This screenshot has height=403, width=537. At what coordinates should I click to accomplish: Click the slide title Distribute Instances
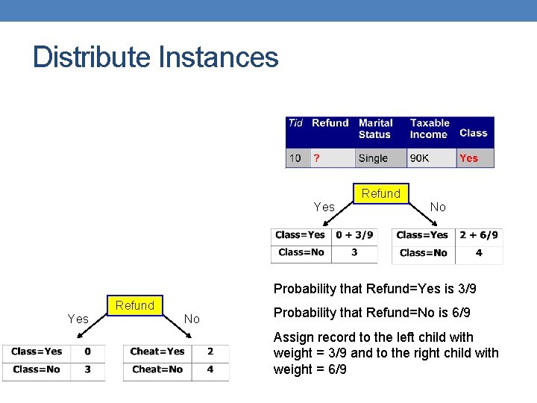pyautogui.click(x=155, y=57)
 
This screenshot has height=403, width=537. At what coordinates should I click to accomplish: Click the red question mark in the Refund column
pyautogui.click(x=317, y=157)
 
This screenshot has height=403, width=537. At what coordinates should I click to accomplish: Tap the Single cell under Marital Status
pyautogui.click(x=373, y=158)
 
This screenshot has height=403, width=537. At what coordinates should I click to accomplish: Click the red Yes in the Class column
pyautogui.click(x=469, y=158)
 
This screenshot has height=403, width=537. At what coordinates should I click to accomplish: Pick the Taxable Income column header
pyautogui.click(x=430, y=128)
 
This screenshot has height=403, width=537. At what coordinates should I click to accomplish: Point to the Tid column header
pyautogui.click(x=295, y=123)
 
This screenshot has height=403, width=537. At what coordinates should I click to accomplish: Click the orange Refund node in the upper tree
pyautogui.click(x=380, y=193)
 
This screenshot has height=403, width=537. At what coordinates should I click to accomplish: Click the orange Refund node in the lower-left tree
pyautogui.click(x=134, y=305)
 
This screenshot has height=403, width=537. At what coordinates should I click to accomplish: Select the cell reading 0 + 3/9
pyautogui.click(x=354, y=235)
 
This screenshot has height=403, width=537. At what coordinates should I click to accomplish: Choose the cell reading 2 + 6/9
pyautogui.click(x=479, y=235)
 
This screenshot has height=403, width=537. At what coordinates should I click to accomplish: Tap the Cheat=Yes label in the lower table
pyautogui.click(x=157, y=352)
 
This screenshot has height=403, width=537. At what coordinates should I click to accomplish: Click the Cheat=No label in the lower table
pyautogui.click(x=157, y=369)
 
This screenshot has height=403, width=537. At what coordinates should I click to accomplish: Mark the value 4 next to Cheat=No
pyautogui.click(x=210, y=369)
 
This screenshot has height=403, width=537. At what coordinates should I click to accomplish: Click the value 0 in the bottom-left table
pyautogui.click(x=88, y=352)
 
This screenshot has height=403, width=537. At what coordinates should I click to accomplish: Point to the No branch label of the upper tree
pyautogui.click(x=438, y=207)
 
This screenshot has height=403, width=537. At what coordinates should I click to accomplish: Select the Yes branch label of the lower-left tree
pyautogui.click(x=78, y=319)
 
